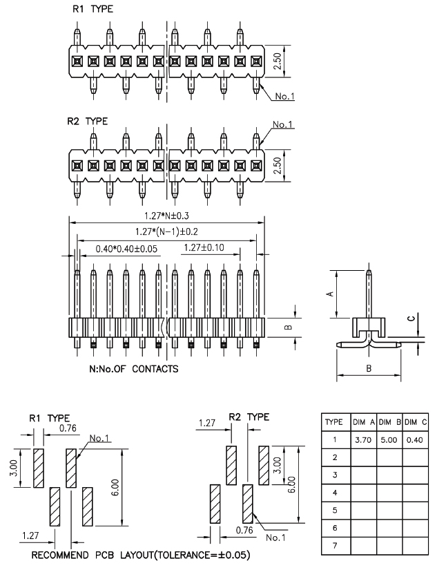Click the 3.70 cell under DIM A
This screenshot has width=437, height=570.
pyautogui.click(x=363, y=440)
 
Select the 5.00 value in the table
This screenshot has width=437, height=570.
pyautogui.click(x=389, y=440)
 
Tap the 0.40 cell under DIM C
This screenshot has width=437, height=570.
pyautogui.click(x=414, y=440)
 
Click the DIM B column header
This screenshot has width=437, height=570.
pyautogui.click(x=390, y=422)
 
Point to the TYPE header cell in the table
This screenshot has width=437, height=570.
pyautogui.click(x=334, y=422)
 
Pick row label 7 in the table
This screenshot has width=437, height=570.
pyautogui.click(x=335, y=546)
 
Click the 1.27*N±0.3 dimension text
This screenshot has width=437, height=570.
pyautogui.click(x=167, y=216)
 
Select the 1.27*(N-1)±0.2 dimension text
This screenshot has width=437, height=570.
pyautogui.click(x=167, y=231)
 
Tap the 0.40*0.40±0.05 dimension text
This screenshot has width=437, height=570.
pyautogui.click(x=126, y=249)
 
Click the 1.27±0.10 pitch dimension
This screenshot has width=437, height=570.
pyautogui.click(x=204, y=248)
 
